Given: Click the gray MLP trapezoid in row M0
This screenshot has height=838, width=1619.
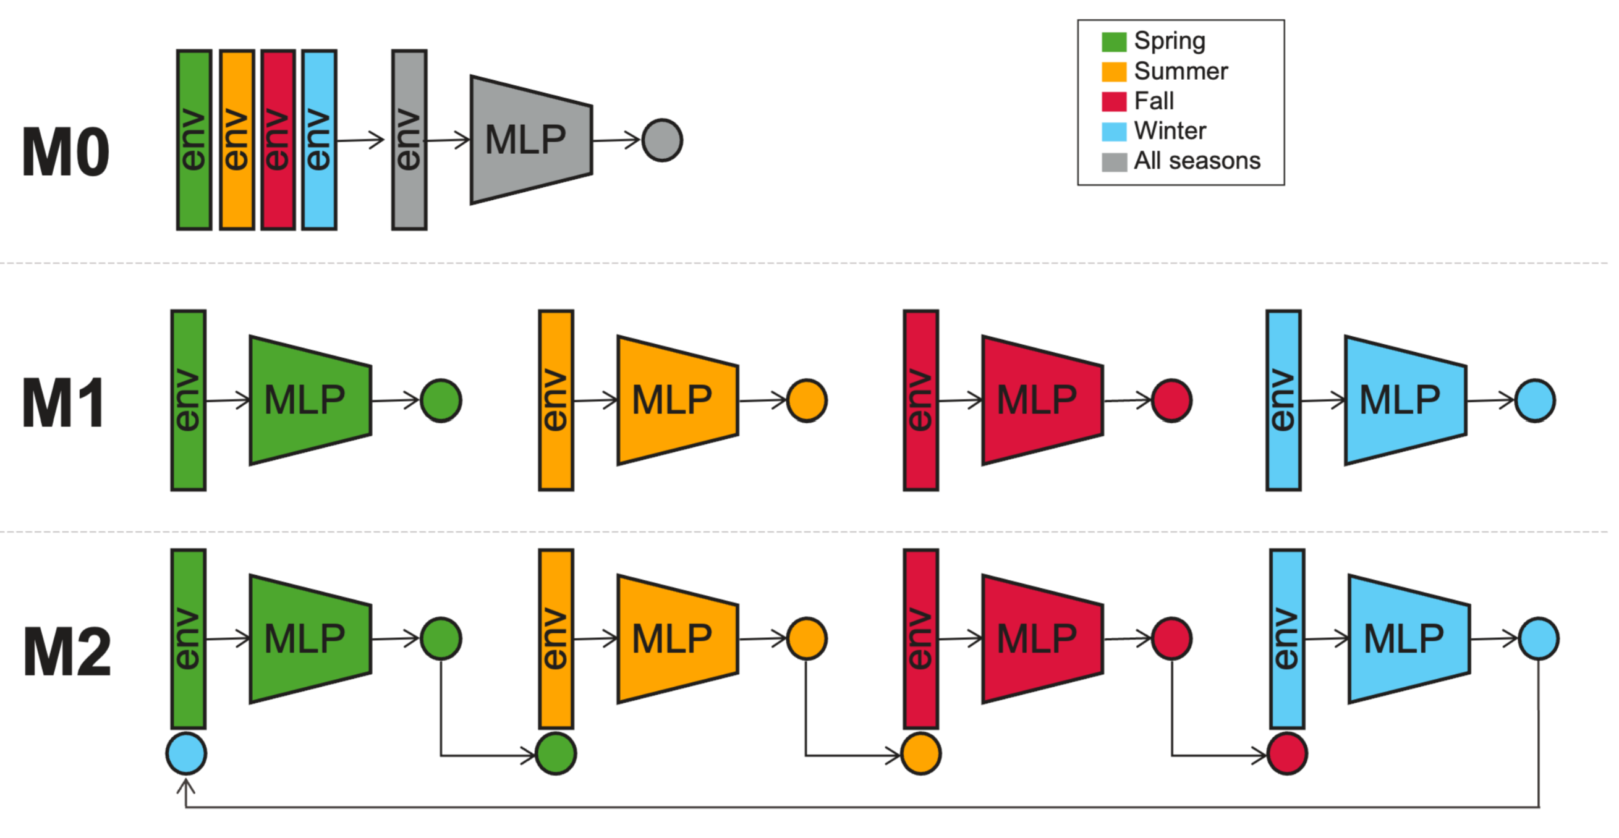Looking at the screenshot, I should [531, 140].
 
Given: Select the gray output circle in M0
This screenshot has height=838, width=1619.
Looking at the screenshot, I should [662, 140].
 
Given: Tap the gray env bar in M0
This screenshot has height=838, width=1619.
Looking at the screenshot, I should [409, 140].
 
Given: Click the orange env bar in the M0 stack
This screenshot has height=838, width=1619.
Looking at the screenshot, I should [237, 140].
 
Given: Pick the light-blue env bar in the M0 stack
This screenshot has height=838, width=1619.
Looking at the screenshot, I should [318, 140].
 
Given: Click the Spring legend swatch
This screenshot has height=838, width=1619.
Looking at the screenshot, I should [1114, 42].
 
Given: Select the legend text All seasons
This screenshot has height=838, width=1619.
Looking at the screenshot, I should [1197, 161].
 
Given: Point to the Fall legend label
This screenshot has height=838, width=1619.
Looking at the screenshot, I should [1154, 101].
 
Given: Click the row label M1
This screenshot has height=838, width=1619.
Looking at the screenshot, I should [63, 404].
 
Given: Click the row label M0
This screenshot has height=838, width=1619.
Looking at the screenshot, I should [66, 153].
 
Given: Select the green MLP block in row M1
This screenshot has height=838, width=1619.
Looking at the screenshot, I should [310, 400].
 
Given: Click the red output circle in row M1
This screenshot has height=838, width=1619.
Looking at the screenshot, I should [1171, 400].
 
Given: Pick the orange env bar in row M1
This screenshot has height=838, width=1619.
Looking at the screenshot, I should [556, 400].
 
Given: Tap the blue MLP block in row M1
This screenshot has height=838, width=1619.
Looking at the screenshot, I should [1405, 400].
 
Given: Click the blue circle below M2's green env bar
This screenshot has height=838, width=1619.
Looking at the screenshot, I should [186, 753].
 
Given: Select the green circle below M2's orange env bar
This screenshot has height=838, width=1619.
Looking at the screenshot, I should [556, 753].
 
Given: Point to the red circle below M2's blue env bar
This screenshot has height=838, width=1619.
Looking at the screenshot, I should [1287, 753].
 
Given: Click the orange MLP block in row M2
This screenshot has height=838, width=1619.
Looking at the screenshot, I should [678, 639].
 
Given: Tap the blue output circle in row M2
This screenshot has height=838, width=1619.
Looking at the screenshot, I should [1538, 639].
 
